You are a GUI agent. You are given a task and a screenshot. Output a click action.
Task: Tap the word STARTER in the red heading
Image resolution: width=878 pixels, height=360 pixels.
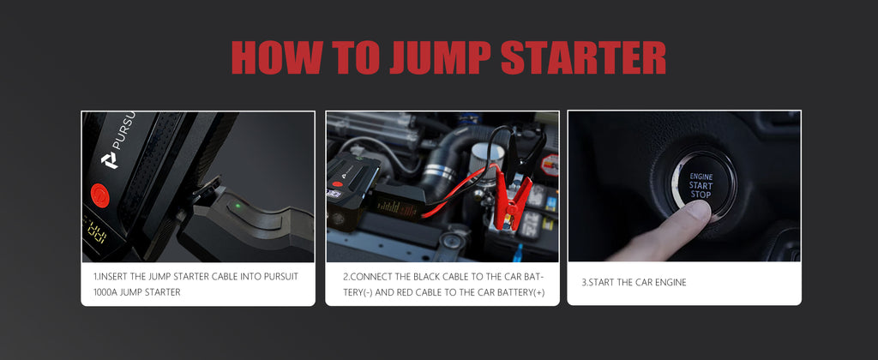583,57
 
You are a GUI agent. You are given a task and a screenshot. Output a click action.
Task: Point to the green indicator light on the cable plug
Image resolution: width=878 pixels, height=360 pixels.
238,205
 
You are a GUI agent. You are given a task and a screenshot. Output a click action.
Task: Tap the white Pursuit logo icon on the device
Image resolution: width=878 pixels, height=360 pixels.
109,160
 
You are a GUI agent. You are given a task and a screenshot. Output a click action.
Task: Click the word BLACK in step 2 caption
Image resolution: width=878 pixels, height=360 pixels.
424,277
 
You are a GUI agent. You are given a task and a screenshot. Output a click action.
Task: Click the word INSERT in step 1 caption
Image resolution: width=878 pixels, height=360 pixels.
114,277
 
